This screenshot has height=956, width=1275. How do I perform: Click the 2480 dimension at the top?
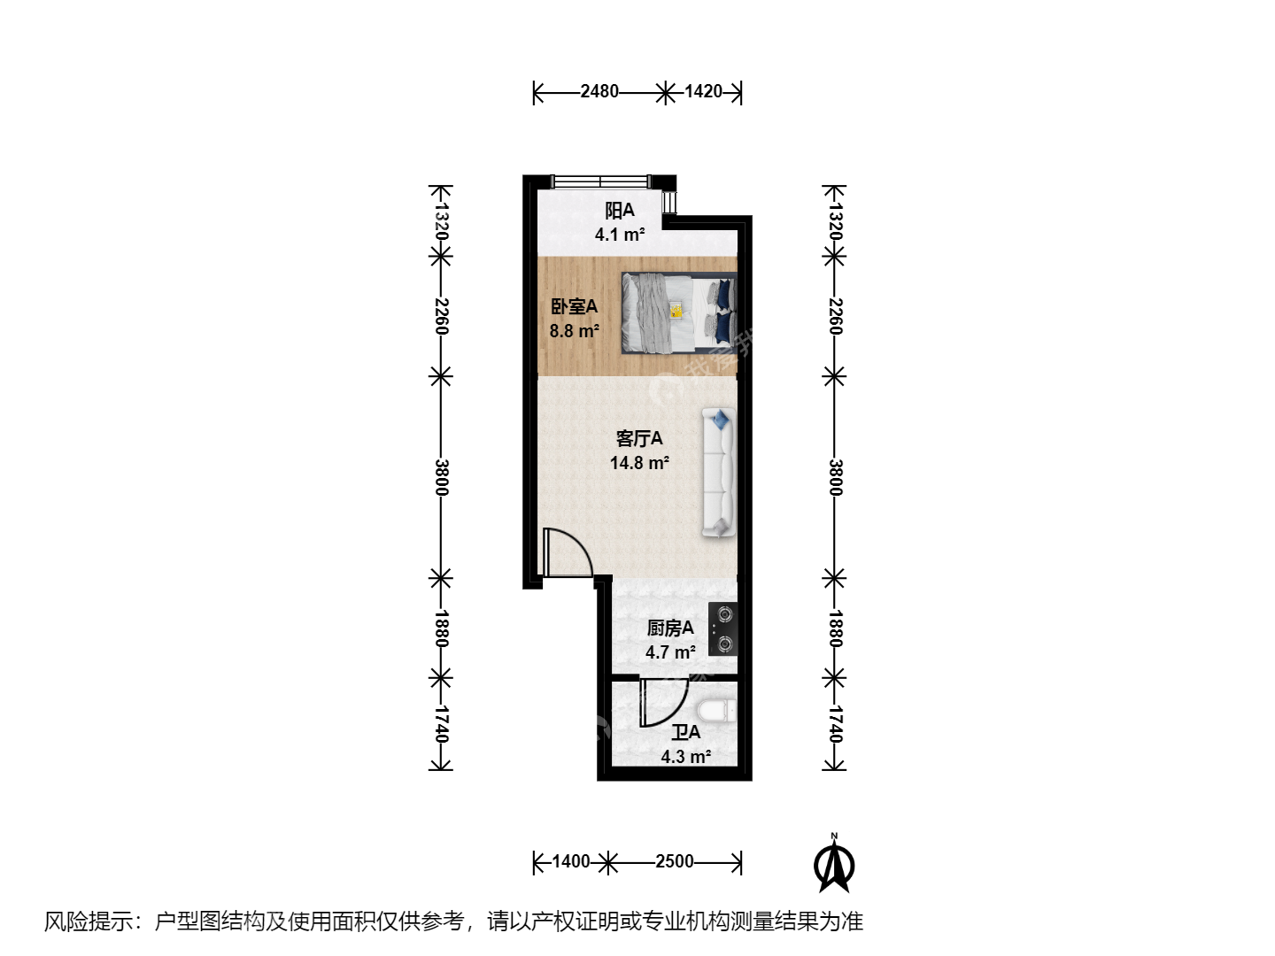(599, 92)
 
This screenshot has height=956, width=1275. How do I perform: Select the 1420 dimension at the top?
(703, 92)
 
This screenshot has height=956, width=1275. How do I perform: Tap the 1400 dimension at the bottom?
(570, 860)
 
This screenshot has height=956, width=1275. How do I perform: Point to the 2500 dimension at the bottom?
(675, 860)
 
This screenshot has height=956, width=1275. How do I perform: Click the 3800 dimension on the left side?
(441, 477)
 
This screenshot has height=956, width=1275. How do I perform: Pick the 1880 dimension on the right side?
(834, 628)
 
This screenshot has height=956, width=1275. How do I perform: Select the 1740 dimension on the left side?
(441, 724)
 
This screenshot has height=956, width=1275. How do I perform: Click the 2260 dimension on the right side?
(834, 316)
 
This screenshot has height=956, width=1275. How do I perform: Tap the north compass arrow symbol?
(834, 865)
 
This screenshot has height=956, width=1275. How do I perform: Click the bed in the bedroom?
(679, 312)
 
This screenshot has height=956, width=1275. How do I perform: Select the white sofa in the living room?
(719, 473)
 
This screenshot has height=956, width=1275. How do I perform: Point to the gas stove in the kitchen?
(722, 629)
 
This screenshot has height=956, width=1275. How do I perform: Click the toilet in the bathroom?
(717, 711)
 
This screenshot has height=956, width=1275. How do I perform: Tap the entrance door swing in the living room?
(568, 552)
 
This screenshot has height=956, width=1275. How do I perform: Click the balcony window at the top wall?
(600, 181)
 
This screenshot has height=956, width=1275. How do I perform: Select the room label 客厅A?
(639, 438)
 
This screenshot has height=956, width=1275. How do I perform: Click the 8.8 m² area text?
(575, 331)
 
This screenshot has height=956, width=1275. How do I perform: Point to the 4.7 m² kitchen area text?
(670, 652)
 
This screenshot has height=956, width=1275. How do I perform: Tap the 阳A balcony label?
(620, 210)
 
